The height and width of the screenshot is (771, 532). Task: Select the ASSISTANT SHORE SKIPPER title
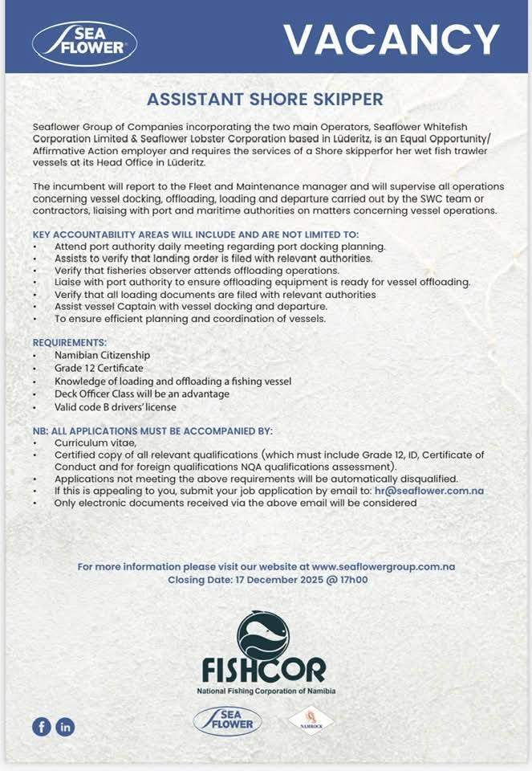coord(266,100)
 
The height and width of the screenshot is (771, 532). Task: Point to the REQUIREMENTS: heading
coord(70,342)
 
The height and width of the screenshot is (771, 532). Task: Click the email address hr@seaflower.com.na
coord(428,491)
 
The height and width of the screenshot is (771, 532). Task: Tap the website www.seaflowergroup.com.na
coord(384,566)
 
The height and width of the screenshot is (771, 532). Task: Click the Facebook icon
coord(41,726)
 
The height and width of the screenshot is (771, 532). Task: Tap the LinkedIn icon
coord(65,726)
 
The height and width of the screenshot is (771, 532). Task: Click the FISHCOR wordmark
coord(265,669)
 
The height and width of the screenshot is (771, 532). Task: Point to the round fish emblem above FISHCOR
coord(262,634)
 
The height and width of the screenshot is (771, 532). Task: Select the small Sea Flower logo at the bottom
coord(227,720)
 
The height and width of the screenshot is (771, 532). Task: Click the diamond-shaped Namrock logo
coord(311,720)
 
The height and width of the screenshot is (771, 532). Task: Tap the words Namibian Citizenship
coord(102,355)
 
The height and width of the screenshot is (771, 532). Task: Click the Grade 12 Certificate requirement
coord(99,368)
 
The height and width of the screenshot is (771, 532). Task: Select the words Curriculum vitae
coord(95,443)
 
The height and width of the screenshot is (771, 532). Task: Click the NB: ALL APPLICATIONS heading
coord(152,431)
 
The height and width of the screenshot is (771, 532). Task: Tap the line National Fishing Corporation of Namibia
coord(266,691)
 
